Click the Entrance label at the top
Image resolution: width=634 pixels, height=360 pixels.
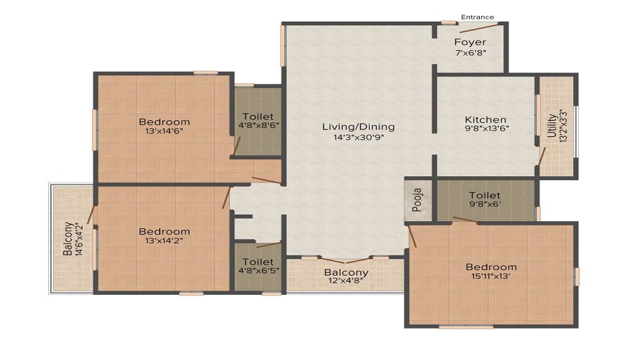(477, 17)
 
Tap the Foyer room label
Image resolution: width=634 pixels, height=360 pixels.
(470, 42)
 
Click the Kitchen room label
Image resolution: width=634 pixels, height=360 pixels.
(486, 119)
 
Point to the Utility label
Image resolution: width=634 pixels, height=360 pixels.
(552, 127)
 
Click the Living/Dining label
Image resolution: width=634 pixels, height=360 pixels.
(358, 127)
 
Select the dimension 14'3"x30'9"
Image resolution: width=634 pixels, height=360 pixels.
(358, 136)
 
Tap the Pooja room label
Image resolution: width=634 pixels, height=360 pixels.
(418, 200)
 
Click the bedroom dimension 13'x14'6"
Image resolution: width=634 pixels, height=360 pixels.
(164, 131)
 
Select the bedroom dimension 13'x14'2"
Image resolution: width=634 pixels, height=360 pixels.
(164, 241)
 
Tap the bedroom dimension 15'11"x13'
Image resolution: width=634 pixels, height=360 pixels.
(491, 276)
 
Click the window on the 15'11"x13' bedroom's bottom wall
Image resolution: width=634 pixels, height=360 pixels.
(465, 327)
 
